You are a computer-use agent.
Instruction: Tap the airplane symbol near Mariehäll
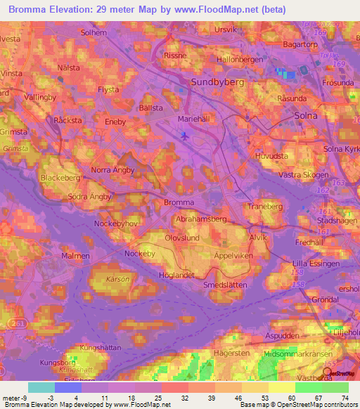click(185, 136)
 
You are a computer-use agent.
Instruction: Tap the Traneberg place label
click(264, 207)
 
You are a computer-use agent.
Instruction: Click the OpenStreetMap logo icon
click(327, 374)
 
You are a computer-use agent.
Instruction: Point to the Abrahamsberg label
click(200, 219)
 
